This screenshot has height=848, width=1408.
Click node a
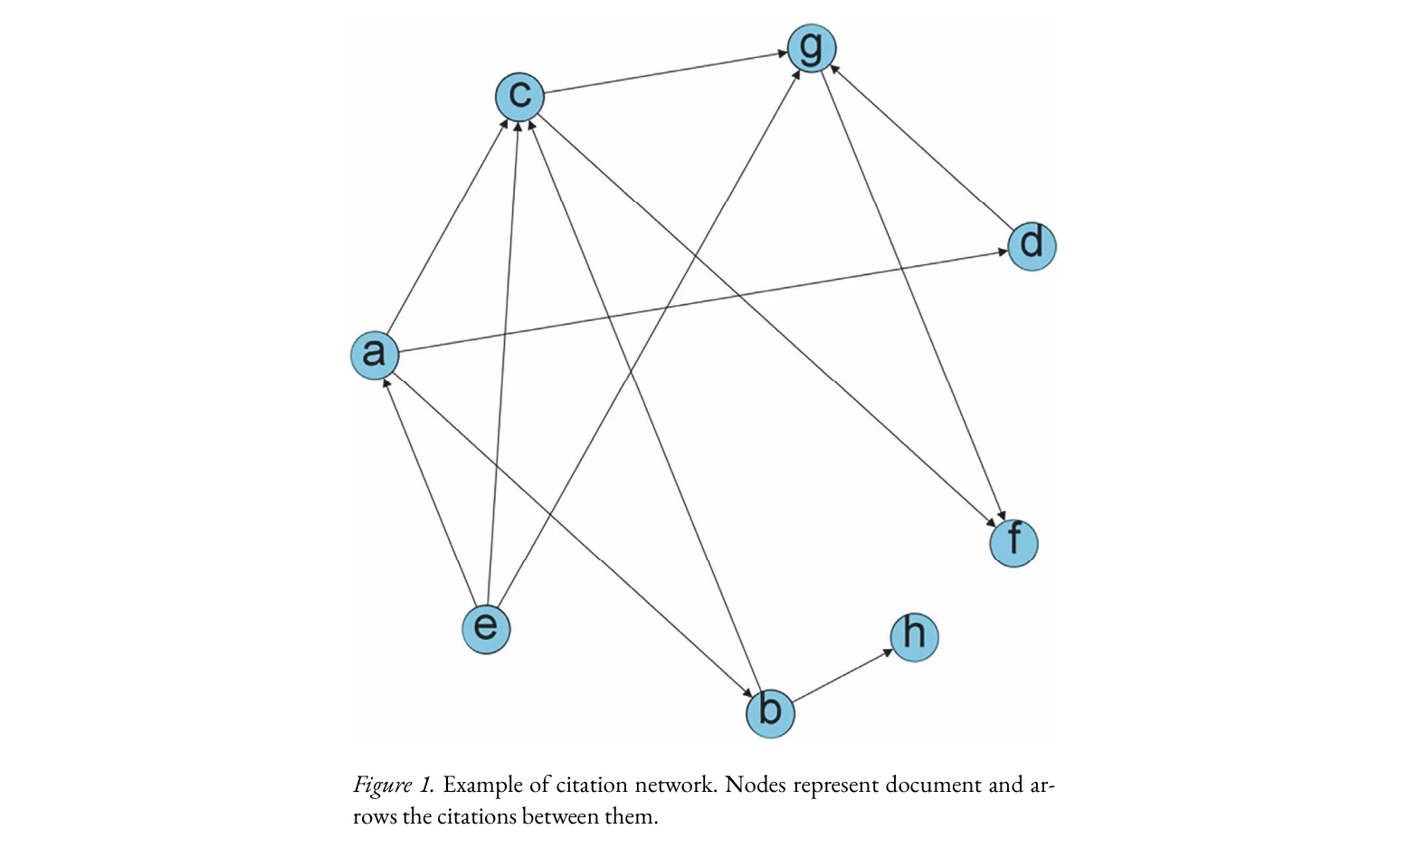click(375, 355)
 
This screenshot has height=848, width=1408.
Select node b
click(770, 712)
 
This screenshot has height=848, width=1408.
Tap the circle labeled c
click(519, 97)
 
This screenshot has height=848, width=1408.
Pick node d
click(1032, 246)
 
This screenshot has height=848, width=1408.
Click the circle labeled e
click(486, 628)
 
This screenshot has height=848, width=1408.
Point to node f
click(1013, 543)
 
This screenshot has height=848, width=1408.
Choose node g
click(812, 48)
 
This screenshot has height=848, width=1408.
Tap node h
click(914, 636)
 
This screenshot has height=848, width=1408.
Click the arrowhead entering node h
click(888, 653)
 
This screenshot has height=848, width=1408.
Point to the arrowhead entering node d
click(1002, 252)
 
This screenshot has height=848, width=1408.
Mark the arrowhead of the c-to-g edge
click(782, 54)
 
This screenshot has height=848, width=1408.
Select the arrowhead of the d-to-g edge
click(833, 69)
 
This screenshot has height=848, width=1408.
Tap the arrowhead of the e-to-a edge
click(386, 384)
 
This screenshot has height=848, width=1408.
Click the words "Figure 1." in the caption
click(393, 785)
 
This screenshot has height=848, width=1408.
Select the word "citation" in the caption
click(591, 785)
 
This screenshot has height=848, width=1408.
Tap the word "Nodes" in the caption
click(755, 785)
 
